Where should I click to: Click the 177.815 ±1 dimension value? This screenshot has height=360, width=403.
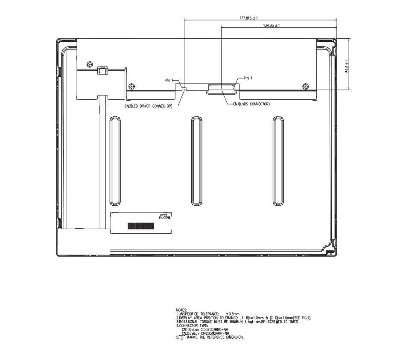[248, 18]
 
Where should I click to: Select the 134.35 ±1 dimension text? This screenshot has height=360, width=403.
[272, 26]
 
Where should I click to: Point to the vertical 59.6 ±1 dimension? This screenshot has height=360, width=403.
[347, 66]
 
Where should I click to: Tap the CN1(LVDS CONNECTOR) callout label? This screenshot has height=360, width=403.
[251, 104]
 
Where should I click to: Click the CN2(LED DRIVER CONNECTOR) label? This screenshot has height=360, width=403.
[148, 106]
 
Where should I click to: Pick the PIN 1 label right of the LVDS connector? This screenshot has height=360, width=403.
[248, 78]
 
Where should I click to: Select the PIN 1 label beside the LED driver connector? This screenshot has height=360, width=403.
[169, 80]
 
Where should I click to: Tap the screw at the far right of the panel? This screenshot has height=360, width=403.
[306, 86]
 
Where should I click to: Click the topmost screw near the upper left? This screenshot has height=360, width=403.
[90, 64]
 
